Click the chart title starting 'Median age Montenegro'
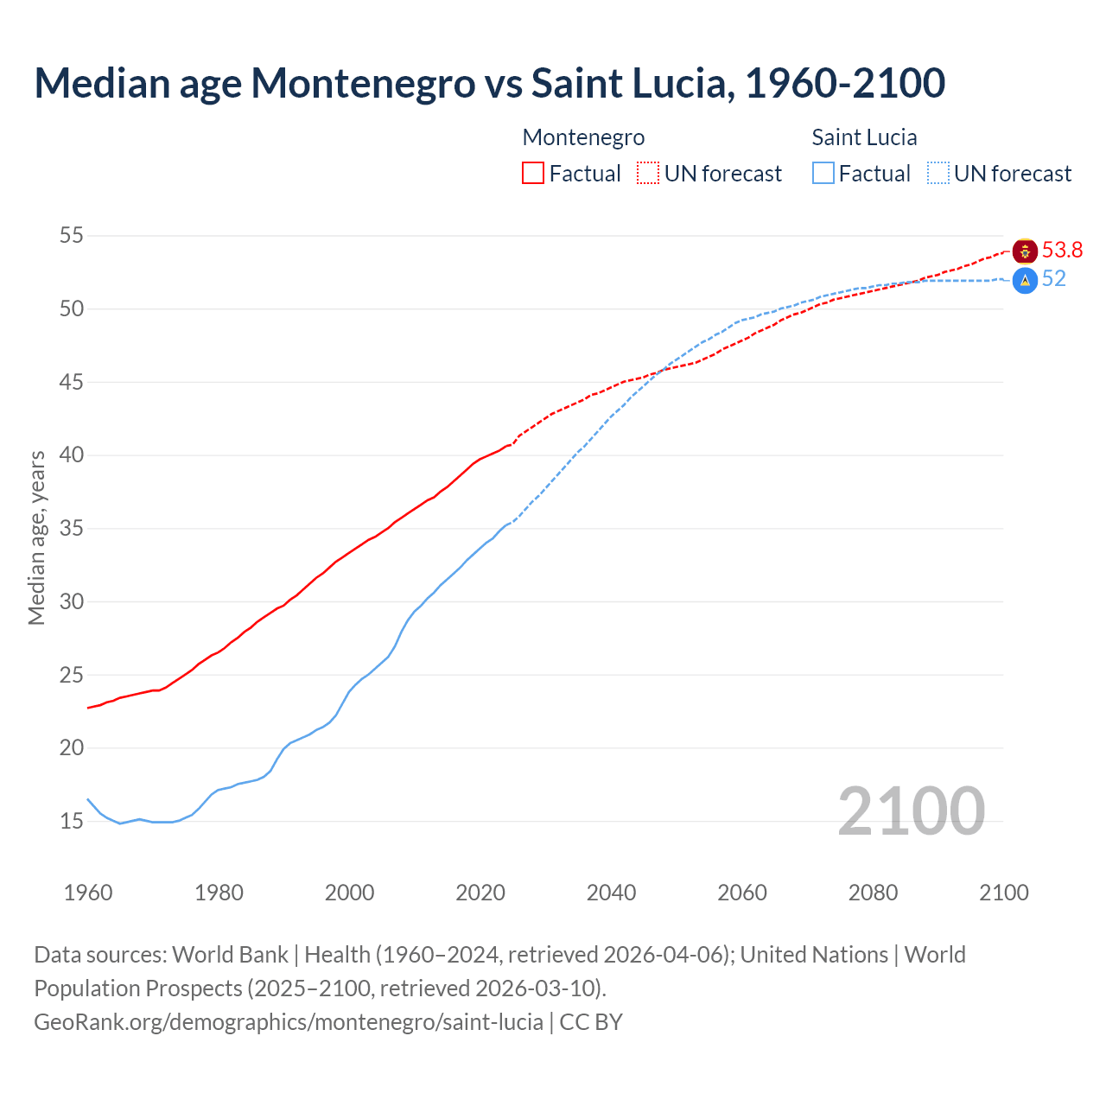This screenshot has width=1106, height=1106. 489,83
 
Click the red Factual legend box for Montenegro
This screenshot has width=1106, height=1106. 533,173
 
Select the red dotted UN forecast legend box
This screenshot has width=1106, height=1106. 648,173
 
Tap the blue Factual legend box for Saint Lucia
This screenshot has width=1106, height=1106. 823,173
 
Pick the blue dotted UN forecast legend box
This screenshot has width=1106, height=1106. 938,173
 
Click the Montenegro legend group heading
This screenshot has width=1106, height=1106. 583,137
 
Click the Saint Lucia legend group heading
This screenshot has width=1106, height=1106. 864,137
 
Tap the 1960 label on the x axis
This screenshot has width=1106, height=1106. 88,893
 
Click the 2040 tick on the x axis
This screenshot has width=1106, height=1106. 611,893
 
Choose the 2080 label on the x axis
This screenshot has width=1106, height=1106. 873,893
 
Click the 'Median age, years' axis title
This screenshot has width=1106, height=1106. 36,537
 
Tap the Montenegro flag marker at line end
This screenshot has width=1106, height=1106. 1025,251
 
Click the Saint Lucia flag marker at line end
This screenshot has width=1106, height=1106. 1025,280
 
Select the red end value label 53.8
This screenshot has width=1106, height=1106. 1062,251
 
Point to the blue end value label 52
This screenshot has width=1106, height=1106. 1053,279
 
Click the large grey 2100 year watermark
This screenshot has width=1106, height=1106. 911,810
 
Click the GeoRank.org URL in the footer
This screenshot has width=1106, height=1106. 289,1021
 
